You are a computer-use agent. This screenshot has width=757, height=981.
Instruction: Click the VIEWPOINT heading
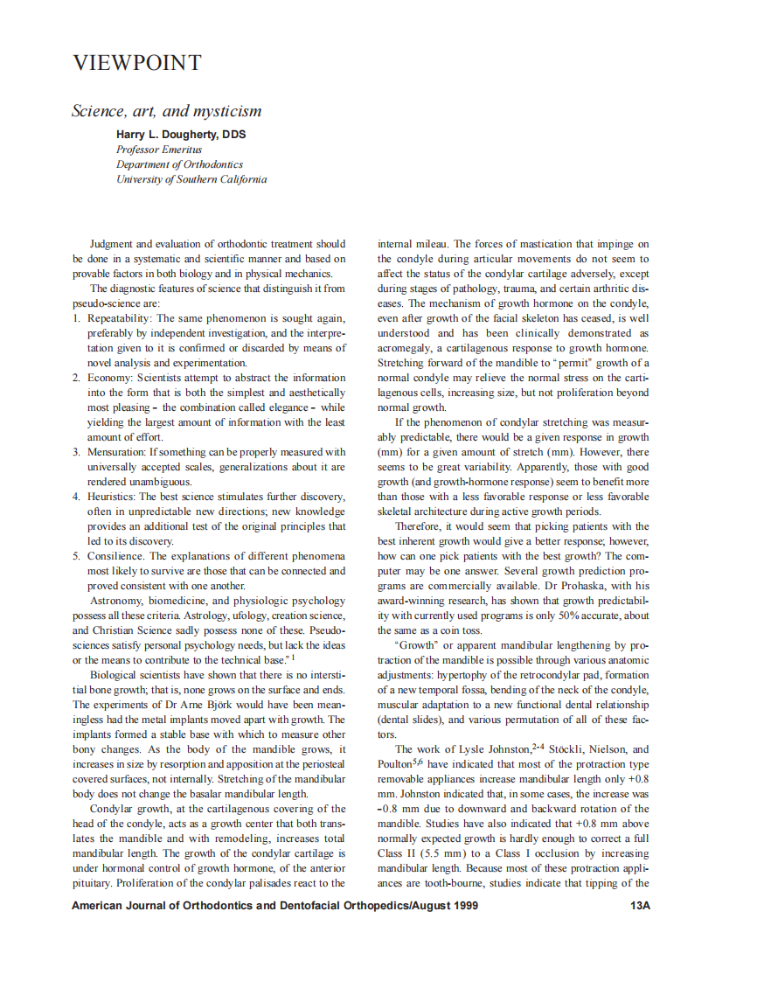(x=136, y=64)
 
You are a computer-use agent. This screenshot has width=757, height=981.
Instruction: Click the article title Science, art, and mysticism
(x=166, y=112)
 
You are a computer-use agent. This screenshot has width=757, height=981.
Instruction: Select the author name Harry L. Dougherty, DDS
(x=181, y=135)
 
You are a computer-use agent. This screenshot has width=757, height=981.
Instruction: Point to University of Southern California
(x=191, y=179)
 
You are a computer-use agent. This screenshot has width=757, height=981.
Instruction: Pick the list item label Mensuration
(x=115, y=452)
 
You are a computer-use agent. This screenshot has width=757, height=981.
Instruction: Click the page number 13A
(x=641, y=906)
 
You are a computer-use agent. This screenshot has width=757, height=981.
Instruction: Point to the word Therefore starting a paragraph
(x=422, y=526)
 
